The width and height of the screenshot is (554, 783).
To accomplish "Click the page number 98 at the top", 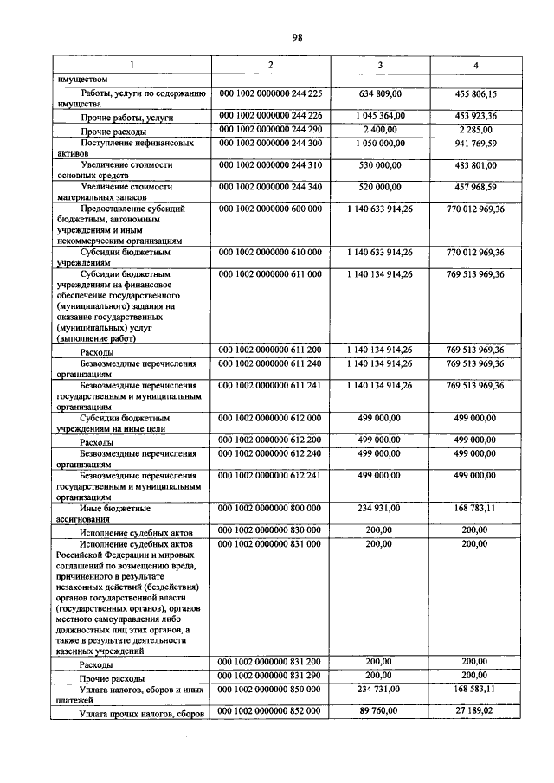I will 297,37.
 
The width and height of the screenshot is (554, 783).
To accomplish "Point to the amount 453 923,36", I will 475,116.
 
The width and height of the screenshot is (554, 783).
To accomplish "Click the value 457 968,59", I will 475,187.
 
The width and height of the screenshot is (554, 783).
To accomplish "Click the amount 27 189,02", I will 475,710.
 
